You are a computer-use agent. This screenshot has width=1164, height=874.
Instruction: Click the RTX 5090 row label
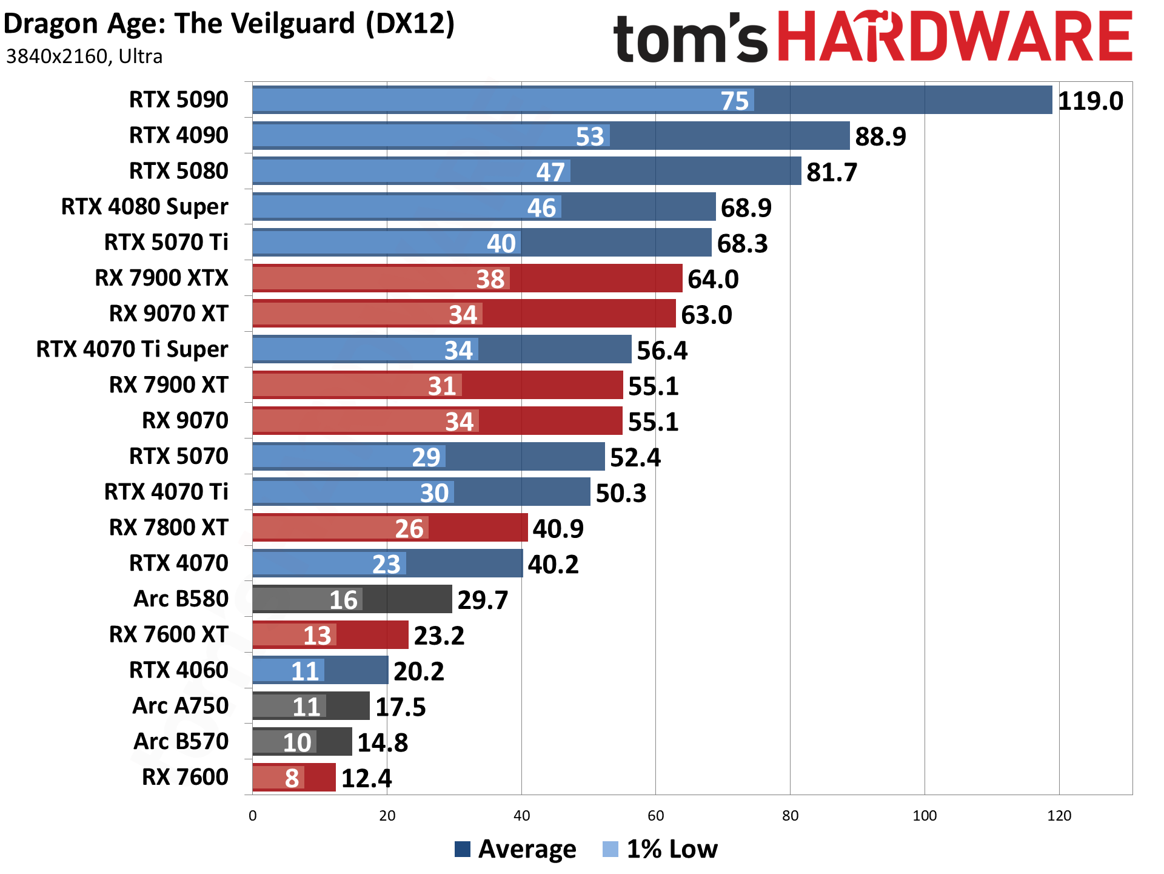(178, 99)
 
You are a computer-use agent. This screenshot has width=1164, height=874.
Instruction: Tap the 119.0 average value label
(1090, 101)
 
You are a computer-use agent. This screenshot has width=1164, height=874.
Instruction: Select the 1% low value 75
(735, 101)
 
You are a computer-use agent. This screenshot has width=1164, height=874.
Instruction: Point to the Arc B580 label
(181, 599)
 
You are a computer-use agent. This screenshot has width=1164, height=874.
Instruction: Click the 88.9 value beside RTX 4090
(880, 136)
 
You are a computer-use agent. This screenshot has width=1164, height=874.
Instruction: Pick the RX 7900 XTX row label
(161, 278)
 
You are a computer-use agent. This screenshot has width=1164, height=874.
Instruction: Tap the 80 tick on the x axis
(790, 816)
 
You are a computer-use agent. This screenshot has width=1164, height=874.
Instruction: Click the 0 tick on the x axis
(253, 816)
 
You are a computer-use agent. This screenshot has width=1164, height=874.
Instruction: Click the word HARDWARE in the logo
(955, 38)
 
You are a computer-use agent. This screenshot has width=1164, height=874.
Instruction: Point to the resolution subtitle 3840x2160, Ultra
(84, 56)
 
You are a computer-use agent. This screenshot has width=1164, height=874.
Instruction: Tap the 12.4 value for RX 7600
(366, 778)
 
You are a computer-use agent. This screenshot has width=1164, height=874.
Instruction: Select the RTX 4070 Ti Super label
(132, 349)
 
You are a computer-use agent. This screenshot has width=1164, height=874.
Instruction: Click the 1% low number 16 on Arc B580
(343, 600)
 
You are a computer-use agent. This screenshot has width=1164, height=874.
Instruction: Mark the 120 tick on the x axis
(1059, 816)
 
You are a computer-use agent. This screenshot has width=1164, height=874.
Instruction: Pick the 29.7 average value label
(483, 600)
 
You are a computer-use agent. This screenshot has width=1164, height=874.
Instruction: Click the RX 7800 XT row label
(169, 528)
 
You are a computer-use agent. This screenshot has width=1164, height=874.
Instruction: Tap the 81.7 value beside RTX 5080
(832, 172)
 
